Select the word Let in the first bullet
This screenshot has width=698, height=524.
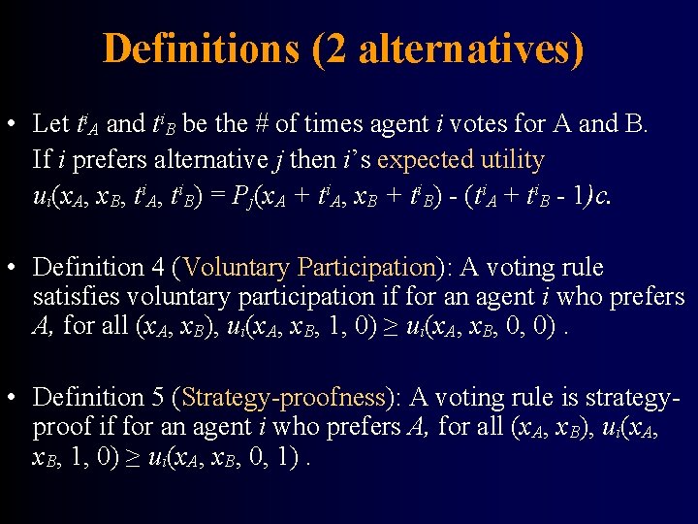pyautogui.click(x=50, y=124)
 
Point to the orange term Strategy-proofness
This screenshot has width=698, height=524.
pyautogui.click(x=283, y=397)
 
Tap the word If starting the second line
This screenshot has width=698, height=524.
pyautogui.click(x=42, y=159)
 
